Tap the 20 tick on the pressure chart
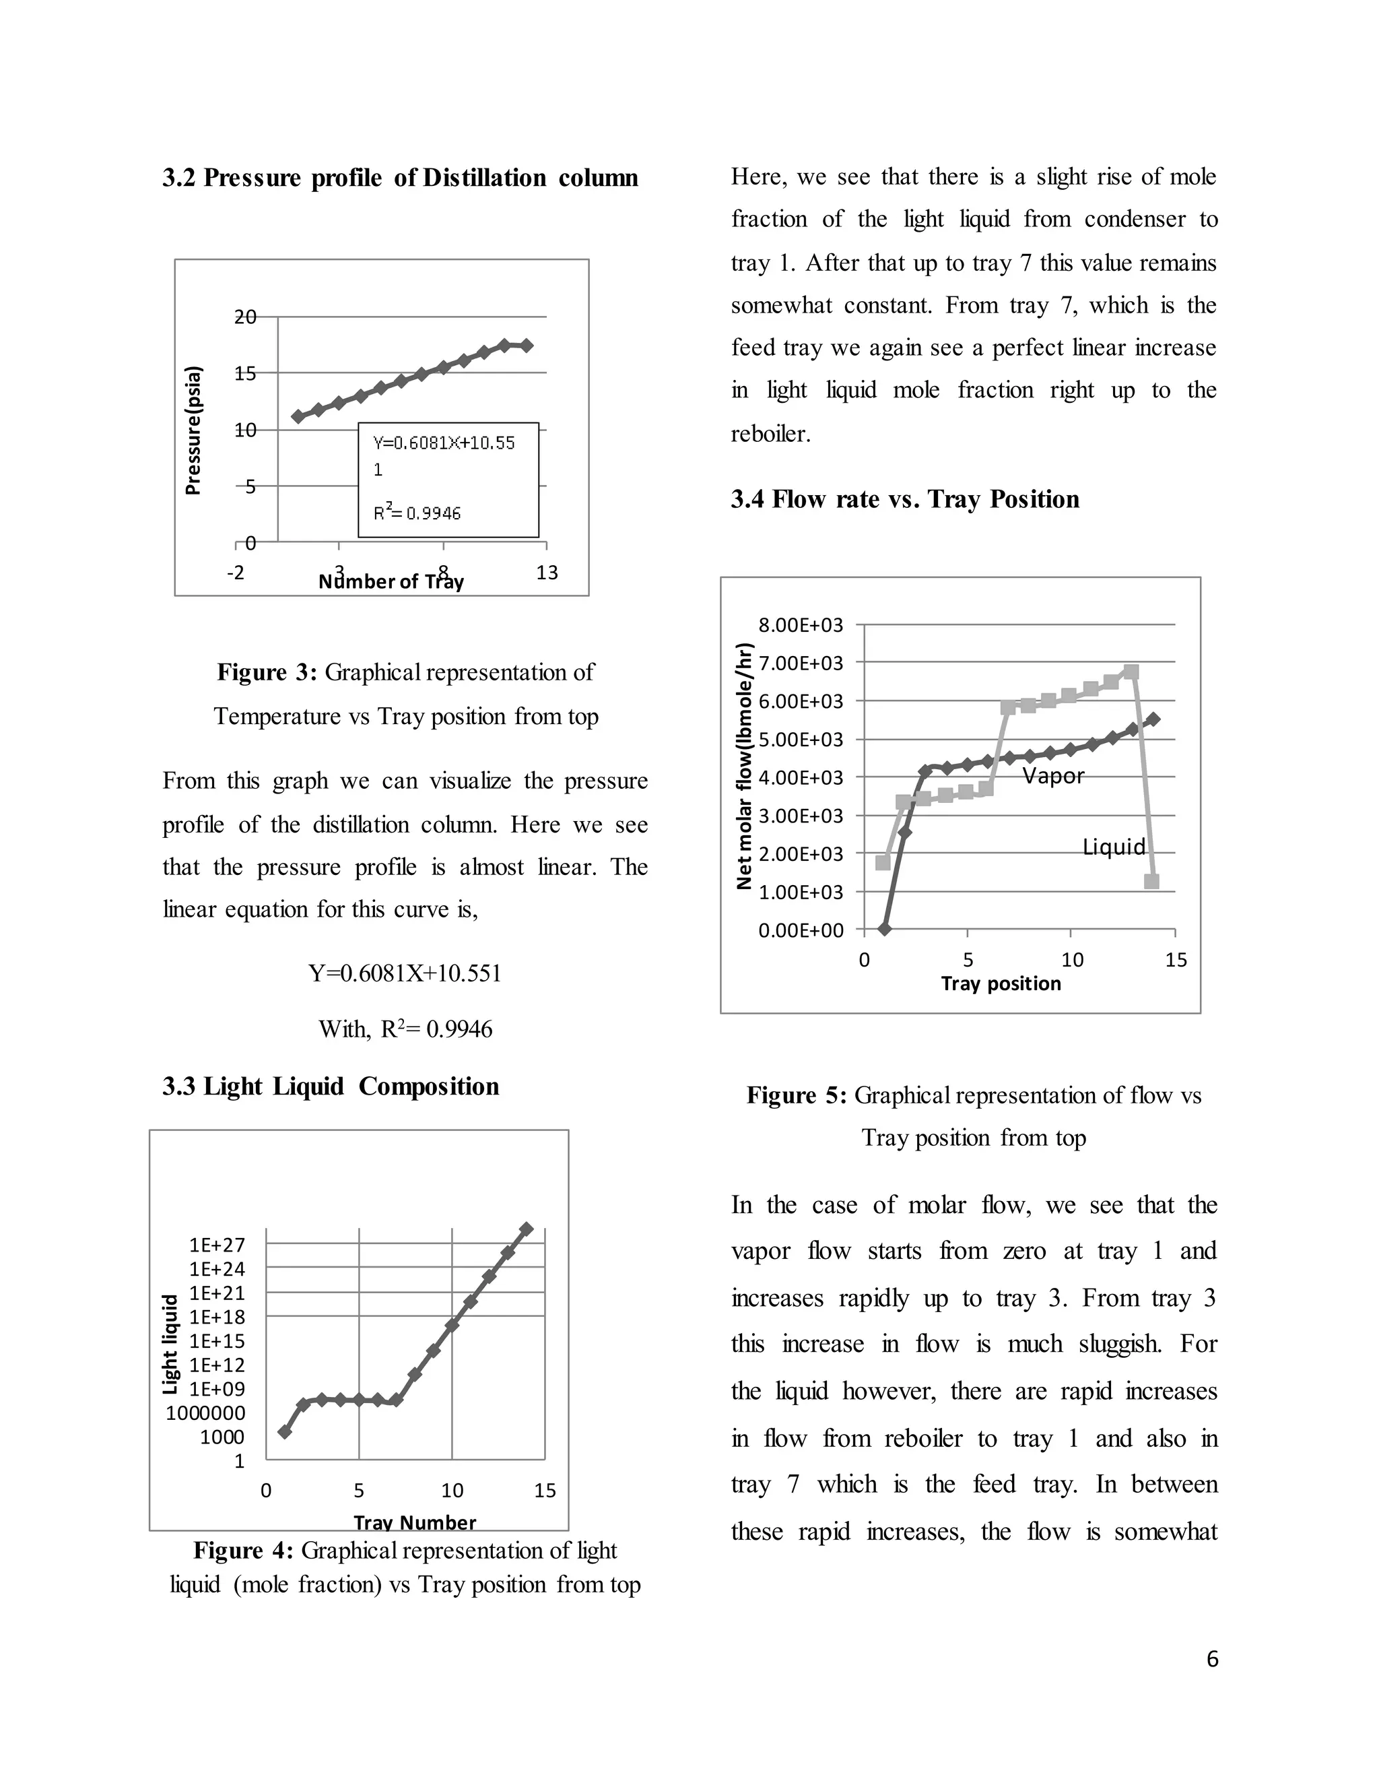pyautogui.click(x=245, y=317)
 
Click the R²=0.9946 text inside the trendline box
pyautogui.click(x=417, y=513)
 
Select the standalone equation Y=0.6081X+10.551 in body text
pyautogui.click(x=405, y=973)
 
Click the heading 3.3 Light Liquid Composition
pyautogui.click(x=330, y=1086)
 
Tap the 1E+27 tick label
pyautogui.click(x=217, y=1245)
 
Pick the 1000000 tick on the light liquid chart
pyautogui.click(x=205, y=1413)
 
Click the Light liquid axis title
pyautogui.click(x=170, y=1344)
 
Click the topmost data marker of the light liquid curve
pyautogui.click(x=526, y=1229)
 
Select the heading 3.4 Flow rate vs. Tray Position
pyautogui.click(x=904, y=499)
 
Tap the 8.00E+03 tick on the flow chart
pyautogui.click(x=800, y=626)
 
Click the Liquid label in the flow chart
pyautogui.click(x=1114, y=847)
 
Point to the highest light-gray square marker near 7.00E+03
pyautogui.click(x=1131, y=672)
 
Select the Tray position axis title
pyautogui.click(x=1000, y=983)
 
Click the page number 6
pyautogui.click(x=1212, y=1659)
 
